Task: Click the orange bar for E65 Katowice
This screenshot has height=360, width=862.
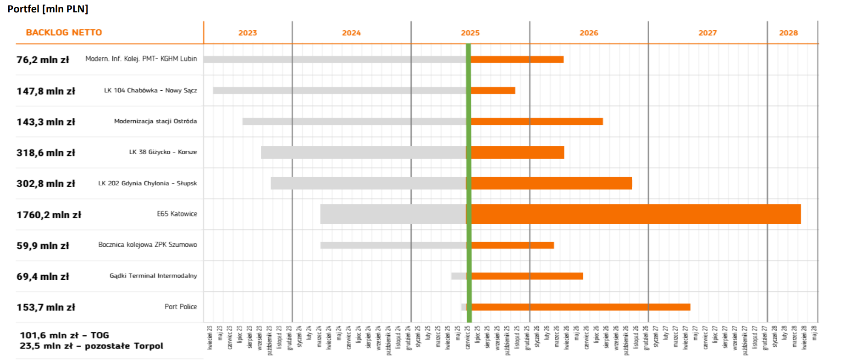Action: point(635,214)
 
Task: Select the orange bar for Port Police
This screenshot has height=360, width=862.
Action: point(580,307)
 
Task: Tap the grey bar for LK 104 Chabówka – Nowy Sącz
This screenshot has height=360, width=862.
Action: point(339,91)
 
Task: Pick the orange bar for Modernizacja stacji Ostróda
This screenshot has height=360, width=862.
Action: point(536,122)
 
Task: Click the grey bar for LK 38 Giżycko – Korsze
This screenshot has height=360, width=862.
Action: point(363,153)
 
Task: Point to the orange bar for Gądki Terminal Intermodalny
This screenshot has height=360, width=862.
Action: point(527,276)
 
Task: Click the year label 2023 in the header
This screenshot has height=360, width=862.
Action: point(248,33)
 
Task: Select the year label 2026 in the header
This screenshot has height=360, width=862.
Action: point(589,33)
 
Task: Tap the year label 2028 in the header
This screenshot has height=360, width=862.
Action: point(788,33)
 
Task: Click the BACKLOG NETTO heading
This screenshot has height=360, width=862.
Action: point(64,33)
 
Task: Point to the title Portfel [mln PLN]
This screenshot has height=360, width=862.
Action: point(48,9)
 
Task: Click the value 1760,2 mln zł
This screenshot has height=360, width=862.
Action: point(49,215)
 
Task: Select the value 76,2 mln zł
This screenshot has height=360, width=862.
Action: point(43,60)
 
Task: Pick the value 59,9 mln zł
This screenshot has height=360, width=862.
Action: point(43,246)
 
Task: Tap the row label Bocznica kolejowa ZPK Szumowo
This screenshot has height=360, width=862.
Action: point(148,245)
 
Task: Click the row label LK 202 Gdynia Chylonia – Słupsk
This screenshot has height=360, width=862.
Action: point(148,183)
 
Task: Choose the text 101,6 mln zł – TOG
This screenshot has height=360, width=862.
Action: point(64,335)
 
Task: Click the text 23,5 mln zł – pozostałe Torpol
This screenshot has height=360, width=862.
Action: point(91,346)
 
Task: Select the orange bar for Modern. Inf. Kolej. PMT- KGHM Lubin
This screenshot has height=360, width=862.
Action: point(517,60)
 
